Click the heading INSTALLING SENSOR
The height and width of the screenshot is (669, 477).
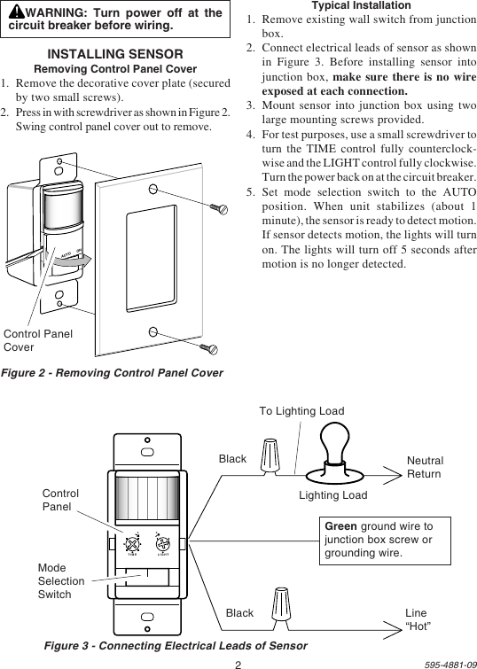115,55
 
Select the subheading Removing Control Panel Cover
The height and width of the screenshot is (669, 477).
115,69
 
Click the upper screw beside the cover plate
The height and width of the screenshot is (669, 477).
218,207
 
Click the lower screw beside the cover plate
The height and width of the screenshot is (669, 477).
208,346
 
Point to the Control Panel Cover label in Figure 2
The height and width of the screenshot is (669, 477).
38,340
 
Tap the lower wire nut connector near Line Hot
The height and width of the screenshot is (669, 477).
283,607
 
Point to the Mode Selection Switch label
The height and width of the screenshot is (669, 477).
61,581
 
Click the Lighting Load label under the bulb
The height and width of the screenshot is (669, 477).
332,495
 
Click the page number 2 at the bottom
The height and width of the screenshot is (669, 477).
238,663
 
